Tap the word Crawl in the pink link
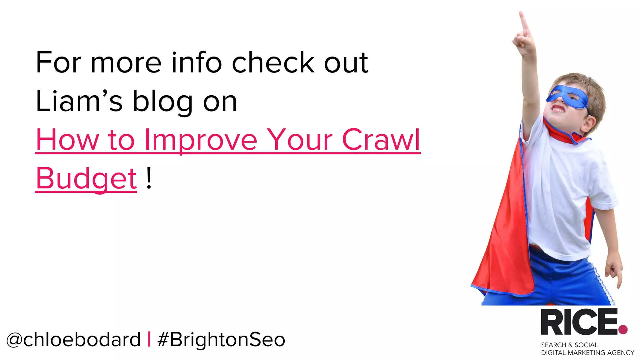point(381,140)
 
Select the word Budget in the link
point(86,178)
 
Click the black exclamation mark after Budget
point(149,178)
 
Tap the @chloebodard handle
point(73,339)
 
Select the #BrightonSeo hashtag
point(221,339)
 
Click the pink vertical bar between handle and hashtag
point(149,339)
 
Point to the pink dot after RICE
point(623,329)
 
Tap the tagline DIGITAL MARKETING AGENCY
point(587,353)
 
